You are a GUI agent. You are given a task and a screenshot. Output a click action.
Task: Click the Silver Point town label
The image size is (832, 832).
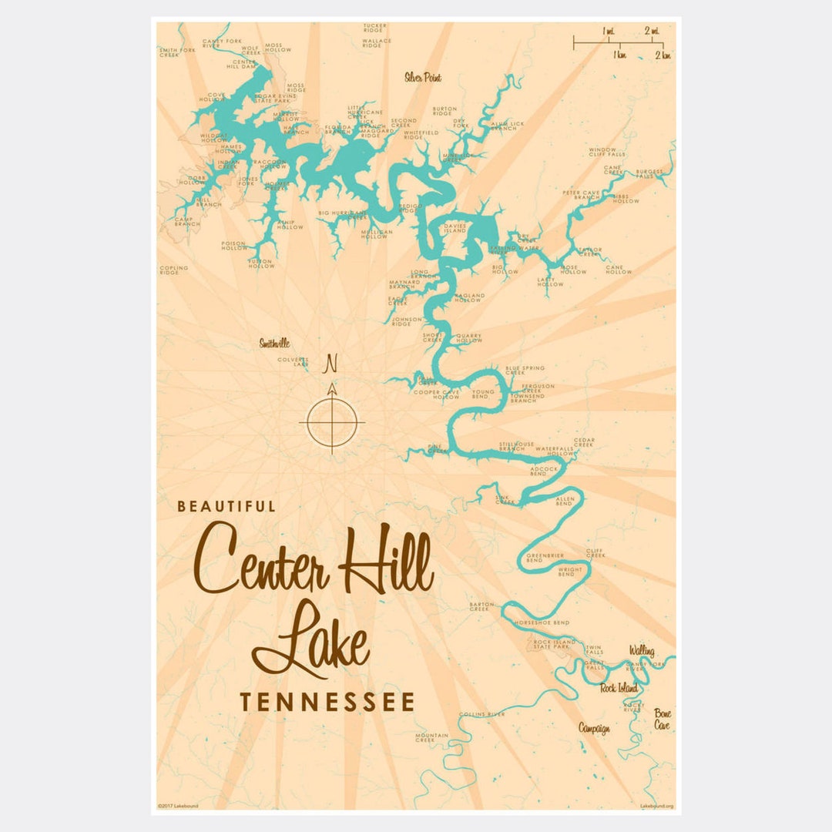click(x=422, y=77)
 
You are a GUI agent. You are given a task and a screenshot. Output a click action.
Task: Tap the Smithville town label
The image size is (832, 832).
click(x=274, y=344)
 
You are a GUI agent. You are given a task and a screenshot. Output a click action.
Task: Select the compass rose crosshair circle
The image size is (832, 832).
click(x=332, y=421)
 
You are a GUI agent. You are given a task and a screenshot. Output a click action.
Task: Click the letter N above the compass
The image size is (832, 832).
click(x=332, y=362)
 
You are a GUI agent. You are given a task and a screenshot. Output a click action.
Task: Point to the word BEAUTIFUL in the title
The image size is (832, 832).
click(x=226, y=507)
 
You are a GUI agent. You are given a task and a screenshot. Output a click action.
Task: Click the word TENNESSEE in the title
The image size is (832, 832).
click(x=327, y=702)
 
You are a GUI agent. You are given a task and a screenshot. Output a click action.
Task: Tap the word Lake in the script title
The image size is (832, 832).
click(x=311, y=639)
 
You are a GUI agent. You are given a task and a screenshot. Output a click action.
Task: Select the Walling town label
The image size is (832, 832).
click(x=641, y=651)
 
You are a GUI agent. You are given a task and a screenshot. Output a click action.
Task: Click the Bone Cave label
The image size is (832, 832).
click(x=663, y=720)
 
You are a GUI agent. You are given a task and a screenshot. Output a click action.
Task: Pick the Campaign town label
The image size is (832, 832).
click(x=594, y=728)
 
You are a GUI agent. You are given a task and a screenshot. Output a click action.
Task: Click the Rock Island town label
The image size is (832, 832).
click(x=619, y=688)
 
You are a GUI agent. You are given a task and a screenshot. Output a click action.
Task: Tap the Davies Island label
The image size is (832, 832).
click(x=455, y=228)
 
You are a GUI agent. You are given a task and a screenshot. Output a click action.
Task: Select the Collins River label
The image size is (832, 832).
click(x=481, y=714)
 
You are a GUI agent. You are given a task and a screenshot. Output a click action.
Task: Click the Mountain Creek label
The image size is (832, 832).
click(x=431, y=738)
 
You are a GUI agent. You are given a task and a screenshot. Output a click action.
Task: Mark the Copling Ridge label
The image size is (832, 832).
click(x=173, y=270)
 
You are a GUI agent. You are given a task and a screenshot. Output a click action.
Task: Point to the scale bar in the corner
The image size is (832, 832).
click(x=618, y=44)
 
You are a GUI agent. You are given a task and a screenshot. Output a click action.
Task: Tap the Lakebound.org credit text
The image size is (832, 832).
click(x=656, y=806)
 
